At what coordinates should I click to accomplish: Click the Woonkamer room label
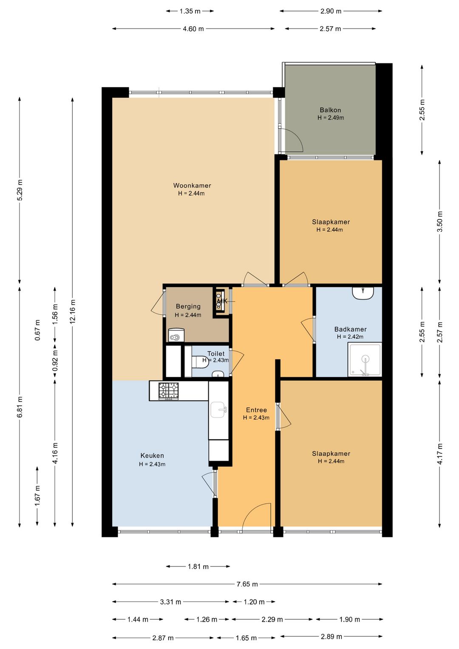[192, 185]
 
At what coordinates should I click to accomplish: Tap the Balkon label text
[330, 110]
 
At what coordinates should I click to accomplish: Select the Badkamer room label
[350, 329]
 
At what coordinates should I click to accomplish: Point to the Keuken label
[152, 455]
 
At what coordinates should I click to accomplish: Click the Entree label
[256, 410]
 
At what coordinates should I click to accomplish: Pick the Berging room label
[188, 306]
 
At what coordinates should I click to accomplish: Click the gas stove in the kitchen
[168, 391]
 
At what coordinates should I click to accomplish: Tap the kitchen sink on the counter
[218, 410]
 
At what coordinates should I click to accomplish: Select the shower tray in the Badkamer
[365, 359]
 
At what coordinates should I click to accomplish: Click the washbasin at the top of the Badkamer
[363, 293]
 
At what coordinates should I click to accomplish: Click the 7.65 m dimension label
[247, 584]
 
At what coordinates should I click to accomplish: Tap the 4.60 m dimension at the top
[193, 28]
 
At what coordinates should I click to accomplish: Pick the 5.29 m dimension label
[20, 190]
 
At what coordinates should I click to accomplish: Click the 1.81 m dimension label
[198, 566]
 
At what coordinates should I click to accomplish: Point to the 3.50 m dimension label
[440, 222]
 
